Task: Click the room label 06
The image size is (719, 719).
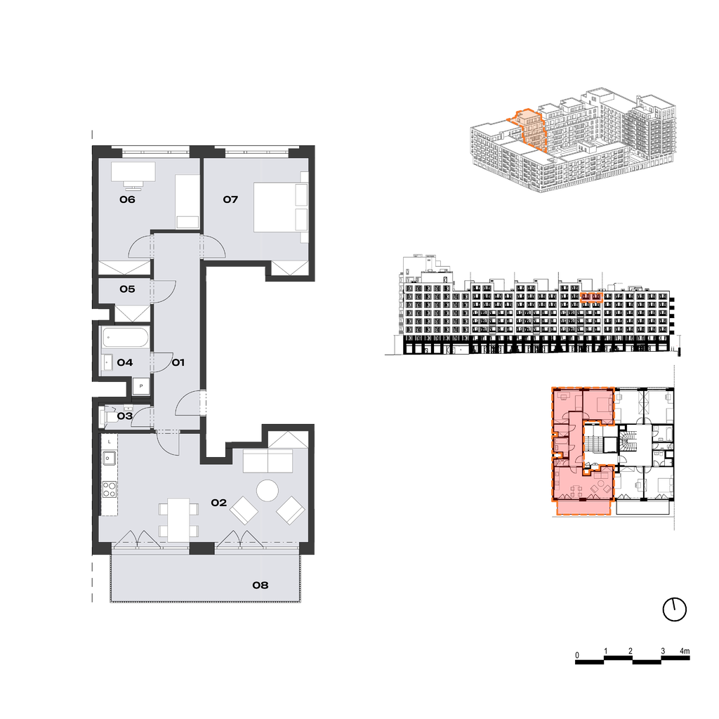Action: (128, 199)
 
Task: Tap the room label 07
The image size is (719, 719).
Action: (230, 199)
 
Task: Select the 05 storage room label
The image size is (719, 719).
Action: (128, 289)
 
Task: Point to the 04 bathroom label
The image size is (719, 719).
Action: (125, 363)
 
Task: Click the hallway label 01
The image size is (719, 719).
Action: (178, 363)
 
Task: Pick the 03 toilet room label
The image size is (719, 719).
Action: (125, 416)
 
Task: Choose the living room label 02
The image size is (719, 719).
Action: (219, 503)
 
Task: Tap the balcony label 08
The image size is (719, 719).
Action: (260, 585)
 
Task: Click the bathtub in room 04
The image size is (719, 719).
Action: (126, 338)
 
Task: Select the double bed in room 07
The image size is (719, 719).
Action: (281, 207)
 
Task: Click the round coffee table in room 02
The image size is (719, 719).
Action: (268, 491)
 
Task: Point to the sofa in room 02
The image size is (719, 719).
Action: (268, 461)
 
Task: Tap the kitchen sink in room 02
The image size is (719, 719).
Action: (109, 458)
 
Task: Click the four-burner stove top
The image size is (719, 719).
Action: (109, 489)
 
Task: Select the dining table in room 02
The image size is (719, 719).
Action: (178, 520)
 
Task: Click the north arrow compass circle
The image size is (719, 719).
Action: (675, 610)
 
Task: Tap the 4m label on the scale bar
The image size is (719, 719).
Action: (685, 651)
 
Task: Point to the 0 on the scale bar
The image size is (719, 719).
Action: (577, 655)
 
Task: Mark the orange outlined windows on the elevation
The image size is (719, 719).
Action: (591, 297)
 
